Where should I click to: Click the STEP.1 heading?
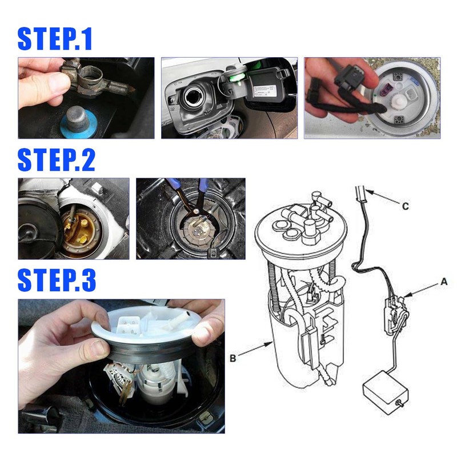tap(55, 39)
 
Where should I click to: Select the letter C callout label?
tap(405, 207)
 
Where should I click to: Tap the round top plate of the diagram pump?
tap(300, 226)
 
